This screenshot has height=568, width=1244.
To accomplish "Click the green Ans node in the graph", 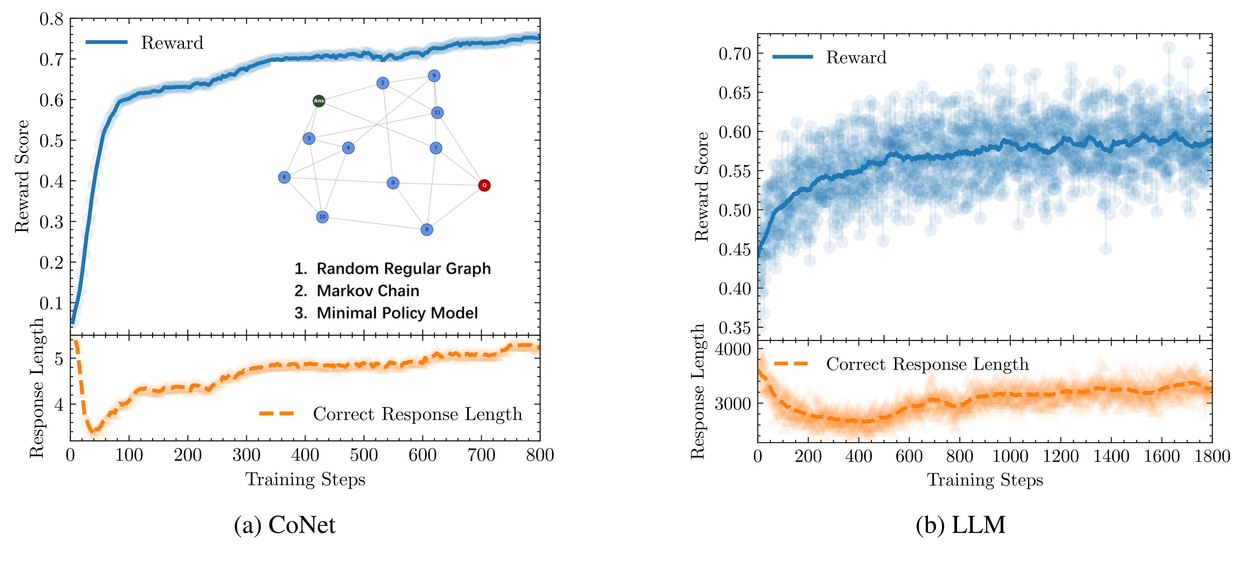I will click(x=319, y=101).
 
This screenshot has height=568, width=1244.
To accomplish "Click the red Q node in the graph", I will click(x=484, y=185).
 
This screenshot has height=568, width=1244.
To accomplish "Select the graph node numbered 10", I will click(x=322, y=217).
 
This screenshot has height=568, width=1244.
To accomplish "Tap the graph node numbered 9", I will click(x=434, y=75).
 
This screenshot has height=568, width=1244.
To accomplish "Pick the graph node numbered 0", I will click(x=393, y=183).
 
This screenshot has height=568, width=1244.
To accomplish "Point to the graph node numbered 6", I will click(x=284, y=177).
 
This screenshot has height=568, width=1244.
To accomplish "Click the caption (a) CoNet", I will click(x=284, y=525).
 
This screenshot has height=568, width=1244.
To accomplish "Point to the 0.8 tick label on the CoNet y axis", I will click(x=51, y=19).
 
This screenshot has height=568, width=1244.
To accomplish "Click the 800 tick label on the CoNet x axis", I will click(x=539, y=455).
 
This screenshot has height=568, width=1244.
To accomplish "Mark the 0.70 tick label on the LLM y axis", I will click(x=735, y=53).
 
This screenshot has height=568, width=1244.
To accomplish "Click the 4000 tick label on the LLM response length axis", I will click(x=732, y=349).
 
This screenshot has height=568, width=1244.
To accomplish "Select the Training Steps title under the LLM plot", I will click(x=985, y=480).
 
